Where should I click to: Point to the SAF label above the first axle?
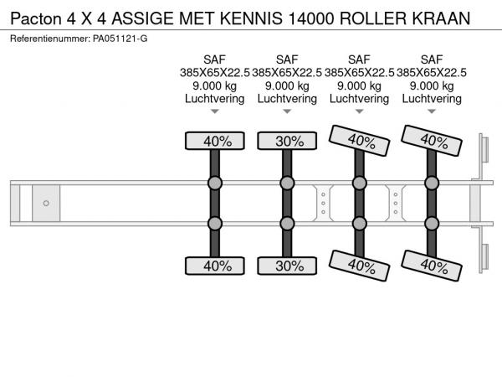tap(214, 59)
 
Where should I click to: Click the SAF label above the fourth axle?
tap(432, 59)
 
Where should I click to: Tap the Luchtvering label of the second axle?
tap(287, 99)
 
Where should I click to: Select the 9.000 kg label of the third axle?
tap(359, 85)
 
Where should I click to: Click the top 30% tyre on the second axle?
tap(287, 141)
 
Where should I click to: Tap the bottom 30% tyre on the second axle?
tap(287, 266)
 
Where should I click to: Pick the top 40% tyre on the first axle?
tap(214, 141)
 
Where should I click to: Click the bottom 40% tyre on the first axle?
tap(214, 266)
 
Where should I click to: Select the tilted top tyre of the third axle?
tap(359, 140)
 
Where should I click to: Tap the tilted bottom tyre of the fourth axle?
tap(432, 266)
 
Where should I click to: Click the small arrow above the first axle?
tap(214, 112)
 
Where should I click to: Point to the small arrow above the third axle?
tap(359, 112)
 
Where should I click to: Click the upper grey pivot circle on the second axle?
tap(287, 183)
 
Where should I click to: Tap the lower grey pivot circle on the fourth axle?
tap(432, 223)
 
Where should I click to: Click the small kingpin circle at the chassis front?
tap(46, 204)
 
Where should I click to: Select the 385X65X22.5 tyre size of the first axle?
tap(214, 73)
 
